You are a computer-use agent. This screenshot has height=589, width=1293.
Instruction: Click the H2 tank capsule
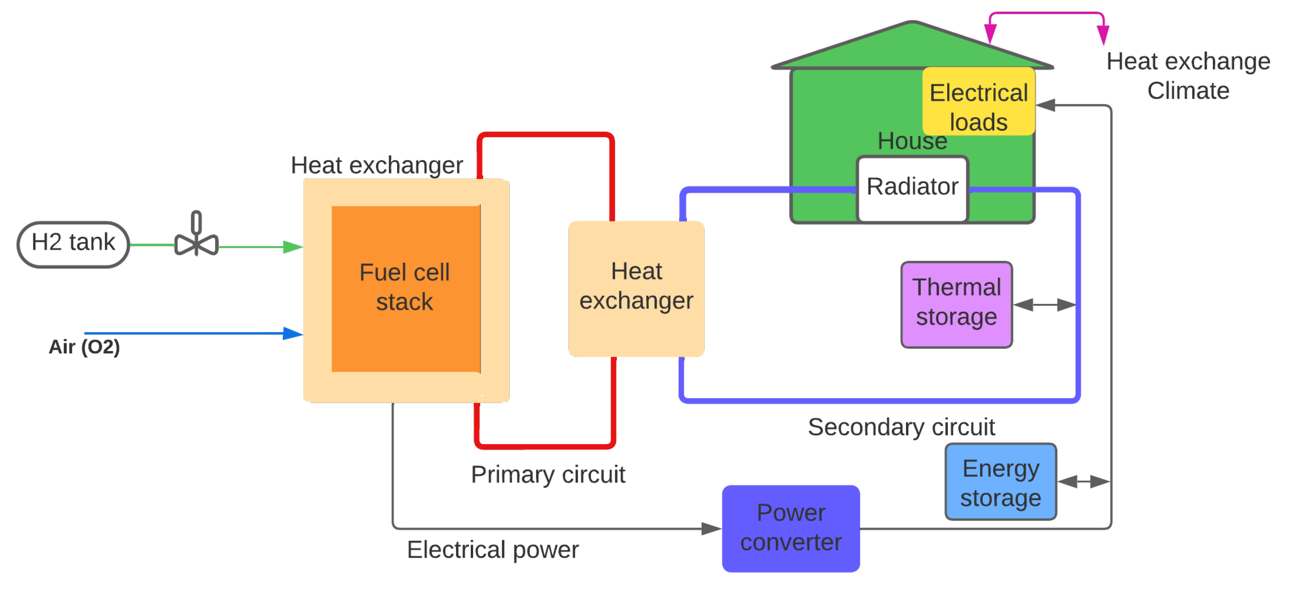(73, 244)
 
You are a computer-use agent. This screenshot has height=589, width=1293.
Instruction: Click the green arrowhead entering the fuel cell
(293, 247)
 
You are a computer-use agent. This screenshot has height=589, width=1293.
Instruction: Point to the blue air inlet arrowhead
(293, 333)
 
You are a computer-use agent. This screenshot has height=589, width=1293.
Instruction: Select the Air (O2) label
(84, 347)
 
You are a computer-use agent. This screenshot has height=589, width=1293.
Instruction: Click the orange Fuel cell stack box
(405, 288)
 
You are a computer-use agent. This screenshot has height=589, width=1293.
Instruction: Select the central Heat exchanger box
(636, 288)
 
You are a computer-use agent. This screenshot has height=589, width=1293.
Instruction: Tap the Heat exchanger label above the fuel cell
(376, 165)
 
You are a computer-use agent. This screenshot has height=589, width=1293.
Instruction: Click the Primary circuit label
(548, 474)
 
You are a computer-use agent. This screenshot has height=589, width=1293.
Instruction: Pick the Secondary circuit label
(901, 427)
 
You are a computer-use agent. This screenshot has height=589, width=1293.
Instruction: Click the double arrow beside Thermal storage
(1044, 305)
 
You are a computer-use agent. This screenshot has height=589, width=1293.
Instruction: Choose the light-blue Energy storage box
(1000, 482)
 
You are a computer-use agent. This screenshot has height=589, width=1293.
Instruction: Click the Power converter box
(791, 528)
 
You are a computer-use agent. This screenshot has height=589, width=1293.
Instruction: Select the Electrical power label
(492, 550)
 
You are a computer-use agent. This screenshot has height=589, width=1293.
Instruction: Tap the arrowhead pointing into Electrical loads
(1046, 105)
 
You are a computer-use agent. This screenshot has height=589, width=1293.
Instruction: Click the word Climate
(1188, 91)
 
